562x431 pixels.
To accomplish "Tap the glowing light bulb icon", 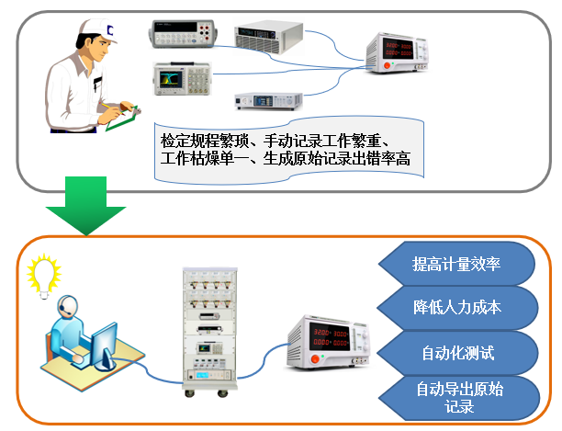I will coord(43,273).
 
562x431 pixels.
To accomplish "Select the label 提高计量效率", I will coord(456,265).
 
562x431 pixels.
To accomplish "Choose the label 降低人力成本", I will coord(456,307).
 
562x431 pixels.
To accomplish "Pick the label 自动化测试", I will coord(456,351).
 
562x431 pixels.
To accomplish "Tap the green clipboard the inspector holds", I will coord(123,116).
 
